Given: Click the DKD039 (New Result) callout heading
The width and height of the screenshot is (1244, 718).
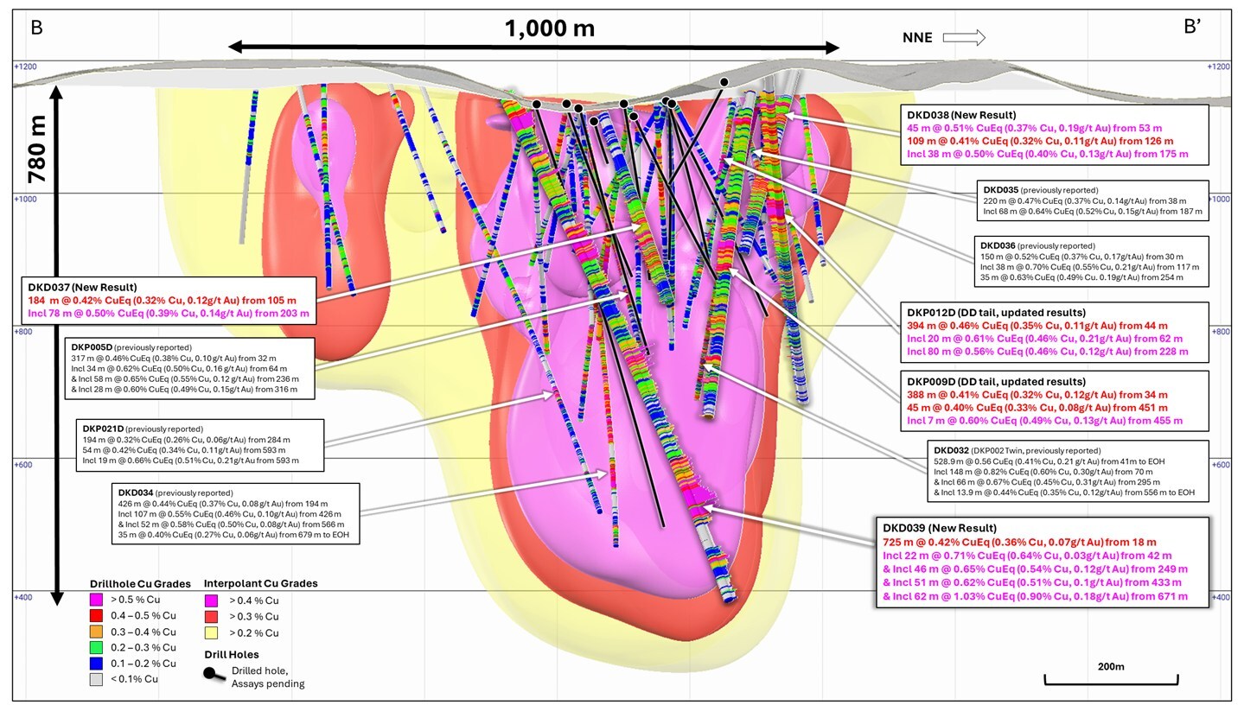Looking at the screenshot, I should [x=938, y=527].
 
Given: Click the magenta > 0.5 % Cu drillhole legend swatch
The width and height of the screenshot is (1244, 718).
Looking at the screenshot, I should [x=97, y=600].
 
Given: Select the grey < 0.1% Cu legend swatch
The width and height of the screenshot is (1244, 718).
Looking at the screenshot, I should [x=97, y=679].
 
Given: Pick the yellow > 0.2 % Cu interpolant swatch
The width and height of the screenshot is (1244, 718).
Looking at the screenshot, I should [x=211, y=633].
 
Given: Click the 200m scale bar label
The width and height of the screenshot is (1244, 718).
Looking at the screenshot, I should [x=1110, y=667].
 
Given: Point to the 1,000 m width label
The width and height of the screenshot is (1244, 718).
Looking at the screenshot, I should [x=549, y=29].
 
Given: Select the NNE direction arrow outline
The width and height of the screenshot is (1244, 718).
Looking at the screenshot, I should [x=963, y=37].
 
